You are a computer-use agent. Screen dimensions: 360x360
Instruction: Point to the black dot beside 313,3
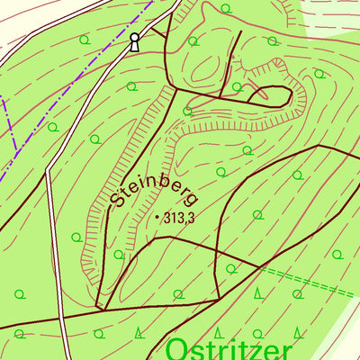157,217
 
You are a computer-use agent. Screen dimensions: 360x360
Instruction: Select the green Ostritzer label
230,348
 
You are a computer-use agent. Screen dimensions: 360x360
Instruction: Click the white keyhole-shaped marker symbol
135,41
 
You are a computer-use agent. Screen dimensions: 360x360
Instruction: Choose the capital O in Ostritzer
178,348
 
